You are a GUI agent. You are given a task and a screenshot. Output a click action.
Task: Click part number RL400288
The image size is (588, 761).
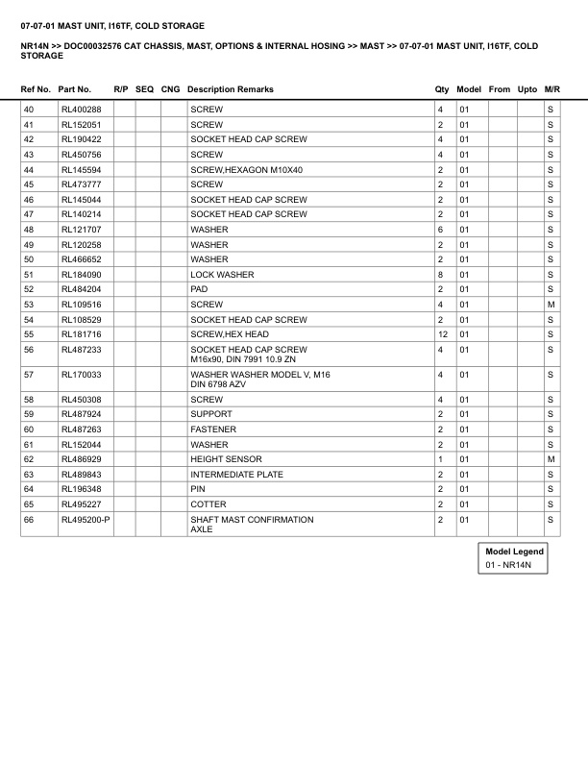tap(82, 110)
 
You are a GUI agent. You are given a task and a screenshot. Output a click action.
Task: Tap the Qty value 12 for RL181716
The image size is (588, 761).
tap(442, 334)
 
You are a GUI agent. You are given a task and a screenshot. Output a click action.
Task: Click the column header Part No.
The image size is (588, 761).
tap(75, 89)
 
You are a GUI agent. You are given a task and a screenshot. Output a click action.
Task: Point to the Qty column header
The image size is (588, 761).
tap(442, 89)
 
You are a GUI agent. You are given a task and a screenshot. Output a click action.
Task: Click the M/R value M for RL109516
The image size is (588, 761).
tap(551, 305)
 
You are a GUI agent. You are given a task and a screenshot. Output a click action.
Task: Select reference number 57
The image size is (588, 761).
tap(29, 374)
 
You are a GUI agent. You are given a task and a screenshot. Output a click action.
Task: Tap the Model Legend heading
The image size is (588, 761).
tap(514, 552)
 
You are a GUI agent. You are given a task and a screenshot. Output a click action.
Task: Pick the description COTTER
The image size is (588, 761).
tap(208, 504)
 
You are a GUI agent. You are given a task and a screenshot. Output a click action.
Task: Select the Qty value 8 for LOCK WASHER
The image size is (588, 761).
tap(440, 275)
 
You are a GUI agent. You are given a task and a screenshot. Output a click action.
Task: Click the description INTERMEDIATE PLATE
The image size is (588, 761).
tap(234, 475)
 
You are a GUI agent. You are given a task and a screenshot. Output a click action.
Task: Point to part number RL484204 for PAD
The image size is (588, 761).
tap(82, 289)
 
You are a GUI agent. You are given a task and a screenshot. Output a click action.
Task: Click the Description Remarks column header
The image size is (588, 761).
tap(231, 89)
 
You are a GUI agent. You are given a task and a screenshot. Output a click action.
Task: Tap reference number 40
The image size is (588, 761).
tap(29, 110)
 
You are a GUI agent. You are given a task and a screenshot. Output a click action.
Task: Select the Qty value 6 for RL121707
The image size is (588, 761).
tap(440, 230)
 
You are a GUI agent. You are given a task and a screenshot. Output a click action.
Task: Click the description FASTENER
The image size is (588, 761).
tap(213, 430)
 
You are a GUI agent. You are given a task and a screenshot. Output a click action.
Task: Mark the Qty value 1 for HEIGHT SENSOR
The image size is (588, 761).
tap(440, 459)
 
